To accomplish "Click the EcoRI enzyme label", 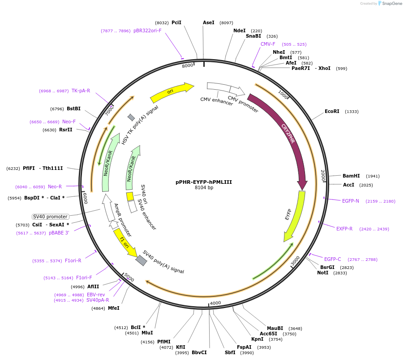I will [332, 111].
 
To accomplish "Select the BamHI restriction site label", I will [351, 176].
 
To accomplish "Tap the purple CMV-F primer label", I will [268, 44].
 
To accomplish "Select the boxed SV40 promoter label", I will [51, 217].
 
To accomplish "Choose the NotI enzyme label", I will [322, 273].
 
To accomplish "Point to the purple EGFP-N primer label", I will [351, 201].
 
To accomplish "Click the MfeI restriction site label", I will [114, 308].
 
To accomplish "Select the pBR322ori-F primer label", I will [147, 30].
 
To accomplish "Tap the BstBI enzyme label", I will [73, 108].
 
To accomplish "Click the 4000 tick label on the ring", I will [215, 303].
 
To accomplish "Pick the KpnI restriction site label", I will [257, 339].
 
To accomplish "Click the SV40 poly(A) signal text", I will [163, 262].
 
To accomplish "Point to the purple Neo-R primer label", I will [55, 187].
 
